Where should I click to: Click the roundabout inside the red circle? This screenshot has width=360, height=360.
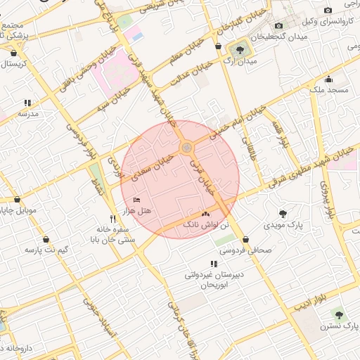click(x=186, y=148)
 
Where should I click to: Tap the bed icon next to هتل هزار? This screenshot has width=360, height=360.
click(x=136, y=200)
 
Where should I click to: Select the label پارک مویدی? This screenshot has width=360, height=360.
click(x=283, y=226)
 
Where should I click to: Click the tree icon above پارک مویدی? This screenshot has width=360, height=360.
click(x=283, y=213)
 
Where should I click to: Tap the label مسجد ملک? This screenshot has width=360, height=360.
click(x=328, y=90)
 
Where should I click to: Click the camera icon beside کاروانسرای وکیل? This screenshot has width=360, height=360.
click(x=328, y=10)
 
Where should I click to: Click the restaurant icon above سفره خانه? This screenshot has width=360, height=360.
click(x=112, y=218)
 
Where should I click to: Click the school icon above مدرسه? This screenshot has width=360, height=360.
click(x=28, y=102)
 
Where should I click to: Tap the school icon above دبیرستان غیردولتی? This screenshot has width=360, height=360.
click(x=214, y=264)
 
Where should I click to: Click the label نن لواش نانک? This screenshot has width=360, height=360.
click(x=205, y=225)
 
